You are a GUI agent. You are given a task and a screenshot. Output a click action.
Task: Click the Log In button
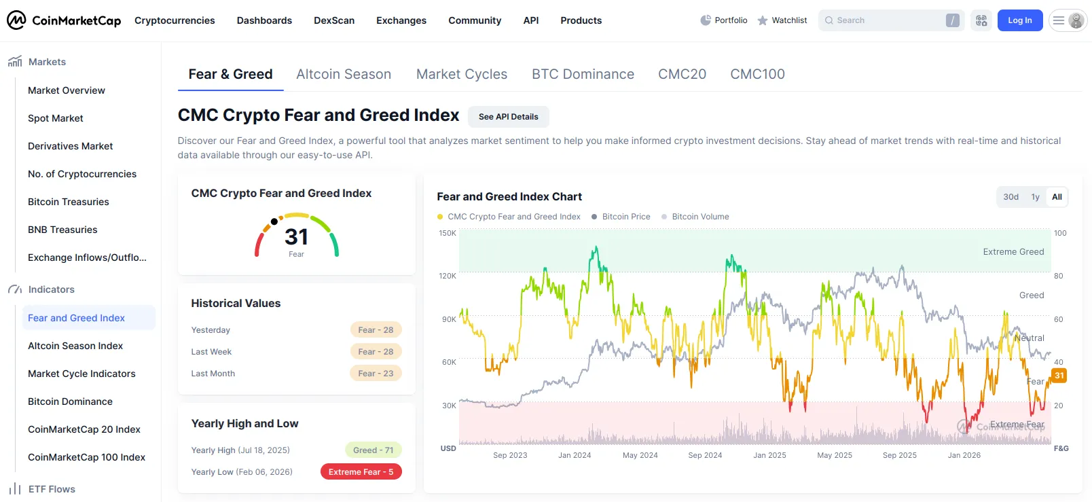coord(1019,20)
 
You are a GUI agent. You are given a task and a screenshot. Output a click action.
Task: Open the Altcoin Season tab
coord(344,73)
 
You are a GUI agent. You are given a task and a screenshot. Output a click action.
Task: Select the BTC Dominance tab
coord(583,73)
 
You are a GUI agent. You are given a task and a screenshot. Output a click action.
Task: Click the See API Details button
coord(509,117)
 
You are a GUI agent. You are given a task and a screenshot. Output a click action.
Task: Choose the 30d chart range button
coord(1011,196)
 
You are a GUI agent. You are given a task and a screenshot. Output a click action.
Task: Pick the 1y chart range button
coord(1036,196)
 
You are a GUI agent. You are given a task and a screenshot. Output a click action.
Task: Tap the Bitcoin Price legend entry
coord(621,217)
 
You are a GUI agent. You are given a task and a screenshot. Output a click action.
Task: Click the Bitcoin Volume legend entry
coord(695,217)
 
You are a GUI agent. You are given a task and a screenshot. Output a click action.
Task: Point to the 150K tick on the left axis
coord(448,233)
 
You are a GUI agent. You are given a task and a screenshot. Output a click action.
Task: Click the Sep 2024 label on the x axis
coord(705,455)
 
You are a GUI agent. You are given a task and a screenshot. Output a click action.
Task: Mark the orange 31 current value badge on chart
coord(1059,375)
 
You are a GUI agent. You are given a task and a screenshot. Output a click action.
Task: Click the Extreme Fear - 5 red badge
coord(361,471)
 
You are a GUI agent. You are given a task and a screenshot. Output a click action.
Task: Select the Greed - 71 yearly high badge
coord(373,450)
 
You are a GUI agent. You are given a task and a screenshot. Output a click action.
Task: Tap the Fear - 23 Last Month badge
coord(376,373)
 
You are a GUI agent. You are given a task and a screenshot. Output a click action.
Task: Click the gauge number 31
coord(296,237)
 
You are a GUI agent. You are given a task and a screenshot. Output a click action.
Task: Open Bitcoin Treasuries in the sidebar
coord(68,202)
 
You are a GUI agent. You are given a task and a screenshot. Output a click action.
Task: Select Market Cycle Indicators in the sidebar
coord(81,373)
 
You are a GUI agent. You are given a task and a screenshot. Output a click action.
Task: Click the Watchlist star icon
coord(763,20)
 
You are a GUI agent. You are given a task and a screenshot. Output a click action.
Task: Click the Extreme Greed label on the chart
coord(1013,252)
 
